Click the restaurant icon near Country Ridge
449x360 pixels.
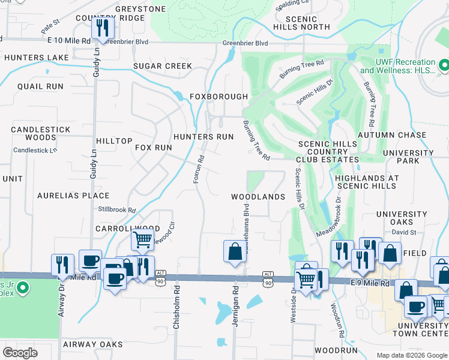coord(101,28)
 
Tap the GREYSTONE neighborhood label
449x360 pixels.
coord(140,9)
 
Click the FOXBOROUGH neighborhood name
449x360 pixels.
coord(218,97)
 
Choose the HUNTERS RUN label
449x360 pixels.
coord(203,137)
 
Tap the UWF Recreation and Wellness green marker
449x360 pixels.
coord(444,63)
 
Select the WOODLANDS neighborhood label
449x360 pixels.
coord(258,197)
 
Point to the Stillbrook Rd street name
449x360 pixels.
coord(117,210)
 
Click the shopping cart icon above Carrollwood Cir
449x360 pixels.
coord(142,239)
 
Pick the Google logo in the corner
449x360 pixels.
coord(20,353)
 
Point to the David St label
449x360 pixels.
coord(405,232)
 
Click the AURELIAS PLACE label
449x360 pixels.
coord(73,196)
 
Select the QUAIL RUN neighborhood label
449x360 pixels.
coord(40,86)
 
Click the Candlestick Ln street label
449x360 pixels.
coord(35,150)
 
